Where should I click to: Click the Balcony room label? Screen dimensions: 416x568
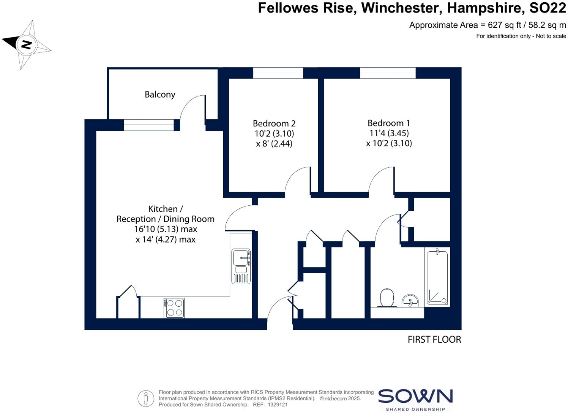coord(160,95)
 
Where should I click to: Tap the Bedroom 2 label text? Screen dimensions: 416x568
coord(274,123)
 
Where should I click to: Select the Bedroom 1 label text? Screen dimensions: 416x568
coord(388,123)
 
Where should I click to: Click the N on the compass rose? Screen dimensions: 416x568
coord(26,45)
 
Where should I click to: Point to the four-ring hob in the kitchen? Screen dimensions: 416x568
coord(174,308)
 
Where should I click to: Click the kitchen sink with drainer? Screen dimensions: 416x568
coord(241,266)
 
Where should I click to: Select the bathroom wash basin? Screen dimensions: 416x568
coord(410,301)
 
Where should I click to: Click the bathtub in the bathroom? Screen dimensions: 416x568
coord(437,278)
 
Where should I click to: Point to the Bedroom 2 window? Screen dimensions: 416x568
coord(278,73)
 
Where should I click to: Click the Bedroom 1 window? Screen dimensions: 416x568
coord(388,73)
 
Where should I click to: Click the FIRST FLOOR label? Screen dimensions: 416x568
coord(434,339)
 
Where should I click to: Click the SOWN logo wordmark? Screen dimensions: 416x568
coord(415,397)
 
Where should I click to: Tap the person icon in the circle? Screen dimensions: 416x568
coord(146,399)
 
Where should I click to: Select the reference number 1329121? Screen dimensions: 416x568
coord(277,405)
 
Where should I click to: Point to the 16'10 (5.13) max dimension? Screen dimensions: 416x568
coord(166,229)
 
